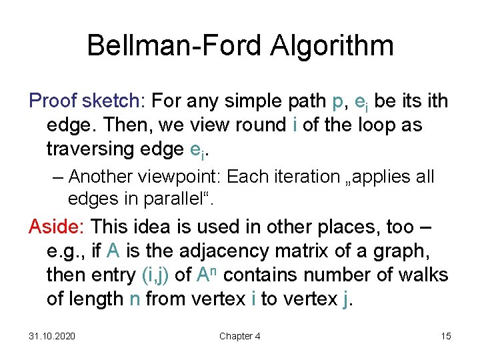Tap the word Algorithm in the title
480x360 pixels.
(331, 46)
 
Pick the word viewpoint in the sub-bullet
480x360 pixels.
(182, 177)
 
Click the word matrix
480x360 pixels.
(334, 251)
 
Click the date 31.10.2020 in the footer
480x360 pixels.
(52, 336)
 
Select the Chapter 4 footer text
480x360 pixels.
(240, 336)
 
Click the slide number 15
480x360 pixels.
(445, 336)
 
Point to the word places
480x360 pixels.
(343, 227)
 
